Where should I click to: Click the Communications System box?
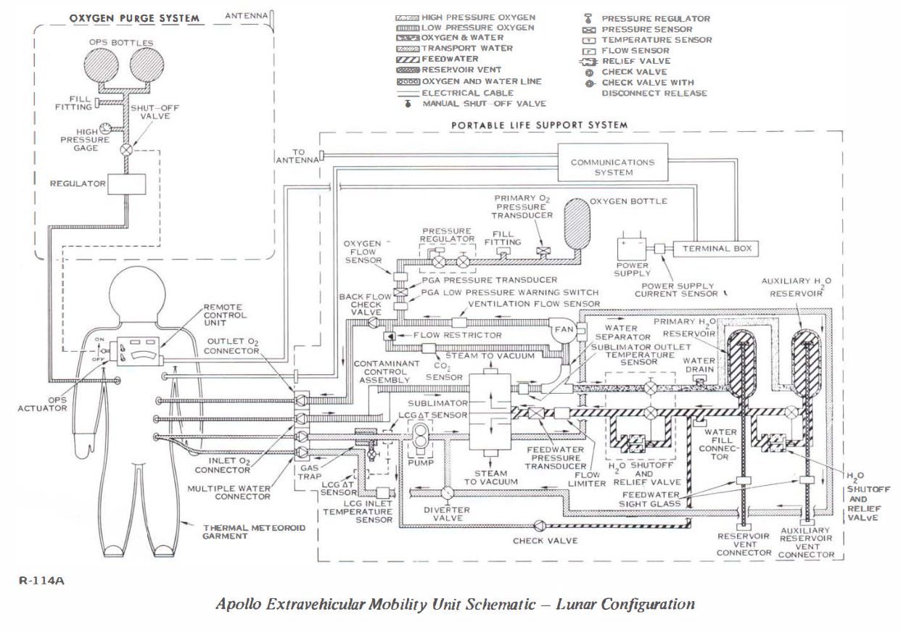(x=612, y=167)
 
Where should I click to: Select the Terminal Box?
(x=716, y=249)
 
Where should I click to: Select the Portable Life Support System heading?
(x=539, y=125)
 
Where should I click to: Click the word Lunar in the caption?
(x=577, y=603)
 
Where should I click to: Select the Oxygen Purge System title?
(x=133, y=18)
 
